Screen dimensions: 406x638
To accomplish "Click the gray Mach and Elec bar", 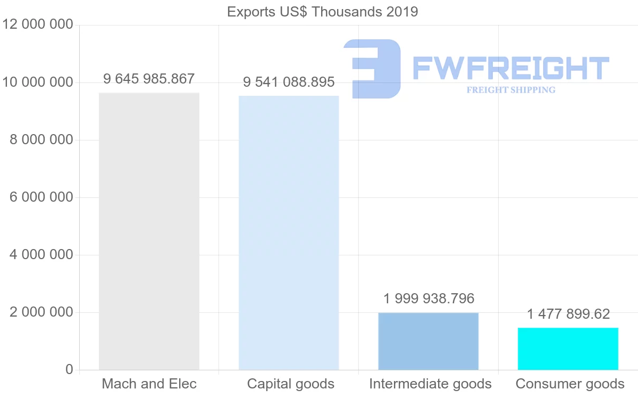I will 149,231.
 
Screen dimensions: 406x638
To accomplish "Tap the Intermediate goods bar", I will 429,341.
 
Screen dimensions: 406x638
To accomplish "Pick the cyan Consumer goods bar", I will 568,349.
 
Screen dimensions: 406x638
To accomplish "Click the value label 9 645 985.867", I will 149,79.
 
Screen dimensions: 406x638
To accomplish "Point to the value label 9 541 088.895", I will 289,82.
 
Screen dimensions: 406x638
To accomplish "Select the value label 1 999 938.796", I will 429,299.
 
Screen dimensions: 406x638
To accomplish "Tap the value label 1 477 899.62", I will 568,314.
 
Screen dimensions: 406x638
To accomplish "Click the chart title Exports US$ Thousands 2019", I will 322,12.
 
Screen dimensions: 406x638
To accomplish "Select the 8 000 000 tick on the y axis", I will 41,140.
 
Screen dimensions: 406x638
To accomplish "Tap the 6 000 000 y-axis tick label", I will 41,197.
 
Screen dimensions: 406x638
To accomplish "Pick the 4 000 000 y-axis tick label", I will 41,255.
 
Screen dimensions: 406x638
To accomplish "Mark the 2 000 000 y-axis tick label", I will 41,312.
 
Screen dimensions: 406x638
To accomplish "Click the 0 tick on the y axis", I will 69,369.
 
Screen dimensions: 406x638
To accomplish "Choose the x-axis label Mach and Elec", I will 149,384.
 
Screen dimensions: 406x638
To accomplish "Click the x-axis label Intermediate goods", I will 430,384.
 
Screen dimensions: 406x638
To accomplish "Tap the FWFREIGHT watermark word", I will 510,68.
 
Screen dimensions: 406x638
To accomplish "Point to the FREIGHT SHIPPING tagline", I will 511,90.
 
